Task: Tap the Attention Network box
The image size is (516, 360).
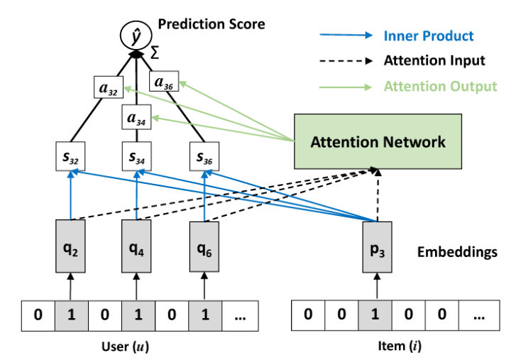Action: coord(378,141)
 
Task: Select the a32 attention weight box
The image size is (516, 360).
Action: coord(109,90)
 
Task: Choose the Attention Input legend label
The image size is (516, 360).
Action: coord(434,60)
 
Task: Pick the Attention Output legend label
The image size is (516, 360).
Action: coord(440,86)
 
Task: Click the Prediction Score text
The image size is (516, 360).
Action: coord(211,24)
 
